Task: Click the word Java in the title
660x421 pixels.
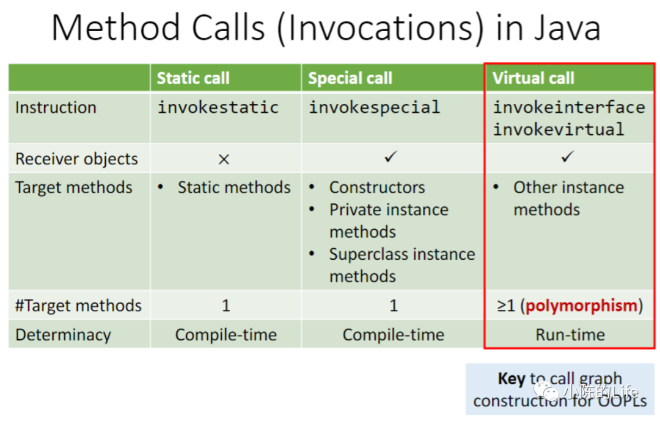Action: (568, 27)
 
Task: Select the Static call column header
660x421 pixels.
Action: (193, 78)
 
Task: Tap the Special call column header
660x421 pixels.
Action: (350, 78)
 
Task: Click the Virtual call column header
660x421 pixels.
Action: (533, 78)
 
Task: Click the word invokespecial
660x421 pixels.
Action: (375, 108)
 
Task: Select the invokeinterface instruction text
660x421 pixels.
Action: (569, 107)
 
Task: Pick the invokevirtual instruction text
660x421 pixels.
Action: (559, 130)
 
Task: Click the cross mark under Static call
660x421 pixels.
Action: (224, 159)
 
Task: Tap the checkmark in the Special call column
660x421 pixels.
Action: (391, 156)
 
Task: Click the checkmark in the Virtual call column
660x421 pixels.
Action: (567, 156)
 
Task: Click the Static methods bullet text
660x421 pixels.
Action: (234, 188)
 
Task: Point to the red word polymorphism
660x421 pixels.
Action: (581, 306)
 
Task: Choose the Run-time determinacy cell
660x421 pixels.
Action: (570, 335)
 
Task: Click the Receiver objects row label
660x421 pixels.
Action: (76, 159)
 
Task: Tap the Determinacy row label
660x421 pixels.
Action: (63, 335)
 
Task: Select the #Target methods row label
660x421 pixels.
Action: (78, 306)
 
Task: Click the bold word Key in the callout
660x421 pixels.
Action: (512, 378)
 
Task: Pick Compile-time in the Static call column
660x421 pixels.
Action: (226, 335)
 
